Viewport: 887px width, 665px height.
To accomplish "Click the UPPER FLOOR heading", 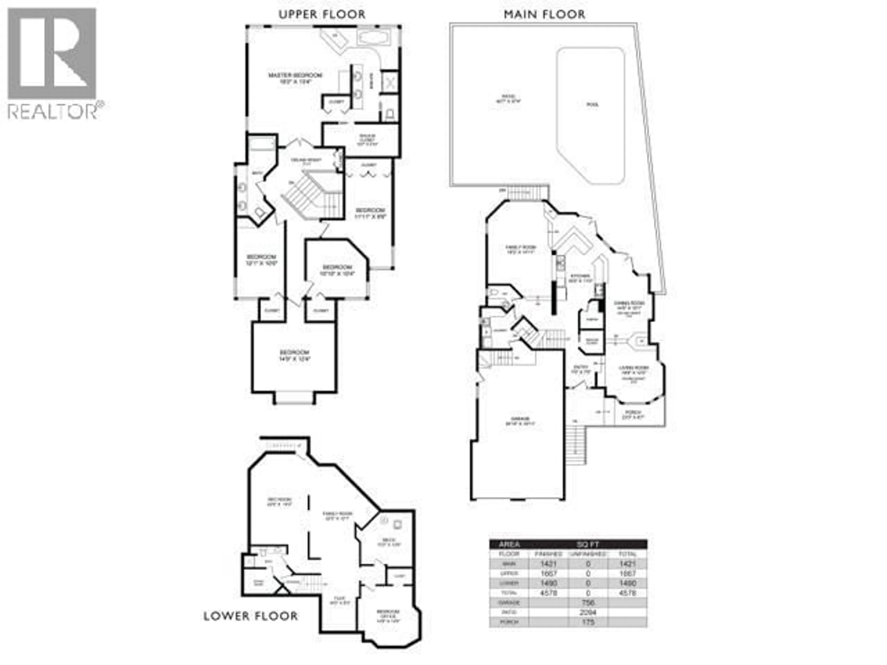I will click(x=322, y=14).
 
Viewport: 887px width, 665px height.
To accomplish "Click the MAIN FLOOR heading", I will click(x=544, y=14).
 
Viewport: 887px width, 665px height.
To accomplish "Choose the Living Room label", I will click(x=634, y=370).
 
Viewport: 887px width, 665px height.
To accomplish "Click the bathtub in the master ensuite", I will click(x=373, y=39).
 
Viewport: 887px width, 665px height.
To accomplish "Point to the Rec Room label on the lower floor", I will click(x=279, y=502).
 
